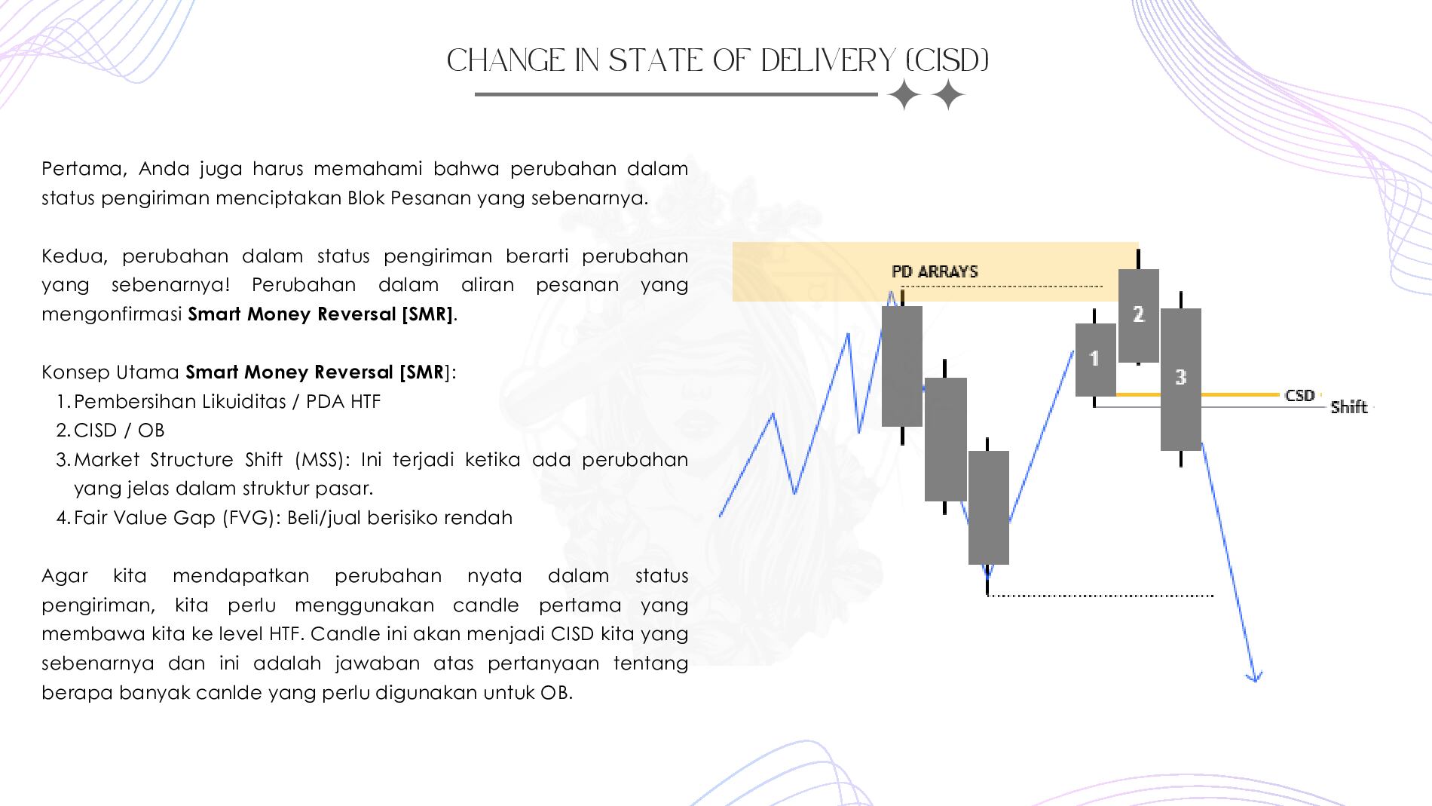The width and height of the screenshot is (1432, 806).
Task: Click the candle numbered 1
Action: pyautogui.click(x=1095, y=360)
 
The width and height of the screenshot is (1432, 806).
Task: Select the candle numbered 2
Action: pyautogui.click(x=1138, y=315)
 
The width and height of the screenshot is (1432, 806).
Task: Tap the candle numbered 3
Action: pyautogui.click(x=1180, y=378)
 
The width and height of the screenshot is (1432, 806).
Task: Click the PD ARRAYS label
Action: pyautogui.click(x=935, y=271)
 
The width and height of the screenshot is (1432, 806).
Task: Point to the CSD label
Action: pyautogui.click(x=1299, y=395)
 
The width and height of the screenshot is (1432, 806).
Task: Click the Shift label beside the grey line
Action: pyautogui.click(x=1348, y=407)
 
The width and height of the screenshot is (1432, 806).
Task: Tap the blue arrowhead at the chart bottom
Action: pyautogui.click(x=1254, y=676)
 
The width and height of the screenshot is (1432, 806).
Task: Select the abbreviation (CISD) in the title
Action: pyautogui.click(x=944, y=61)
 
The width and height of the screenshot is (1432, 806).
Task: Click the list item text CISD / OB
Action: pyautogui.click(x=119, y=431)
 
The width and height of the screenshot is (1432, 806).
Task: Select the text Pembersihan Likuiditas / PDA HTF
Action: pyautogui.click(x=228, y=401)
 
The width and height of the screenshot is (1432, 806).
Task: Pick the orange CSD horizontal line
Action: pyautogui.click(x=1198, y=394)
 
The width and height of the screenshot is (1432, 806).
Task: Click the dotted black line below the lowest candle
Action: pyautogui.click(x=1100, y=595)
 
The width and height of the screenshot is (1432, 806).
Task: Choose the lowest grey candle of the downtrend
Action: pyautogui.click(x=988, y=507)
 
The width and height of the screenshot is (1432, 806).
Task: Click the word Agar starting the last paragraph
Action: pyautogui.click(x=65, y=576)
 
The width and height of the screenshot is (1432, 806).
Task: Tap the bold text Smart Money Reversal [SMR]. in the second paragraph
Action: pyautogui.click(x=323, y=314)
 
